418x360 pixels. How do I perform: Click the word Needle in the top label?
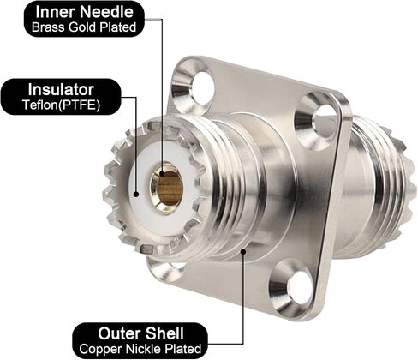[x=106, y=12]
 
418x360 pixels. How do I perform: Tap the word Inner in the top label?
[x=56, y=12]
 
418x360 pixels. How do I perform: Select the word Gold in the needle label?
[x=83, y=27]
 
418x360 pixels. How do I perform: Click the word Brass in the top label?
[x=49, y=27]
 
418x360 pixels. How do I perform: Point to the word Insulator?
[x=61, y=89]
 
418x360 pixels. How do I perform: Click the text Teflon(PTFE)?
[x=62, y=105]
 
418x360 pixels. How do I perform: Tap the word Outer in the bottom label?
[x=120, y=333]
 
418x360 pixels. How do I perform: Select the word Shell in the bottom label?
[x=164, y=333]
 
